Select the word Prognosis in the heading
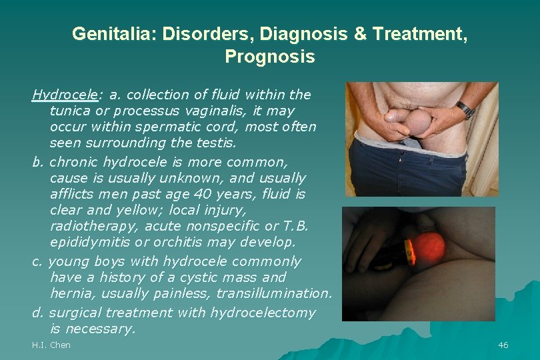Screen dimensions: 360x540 click(270, 57)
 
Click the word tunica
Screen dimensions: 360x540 click(69, 111)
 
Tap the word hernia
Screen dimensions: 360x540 click(70, 293)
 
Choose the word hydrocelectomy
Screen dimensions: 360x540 click(263, 312)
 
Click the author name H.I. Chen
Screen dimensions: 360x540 click(51, 345)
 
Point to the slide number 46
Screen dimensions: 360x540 click(503, 345)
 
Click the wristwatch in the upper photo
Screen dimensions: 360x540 click(465, 109)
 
